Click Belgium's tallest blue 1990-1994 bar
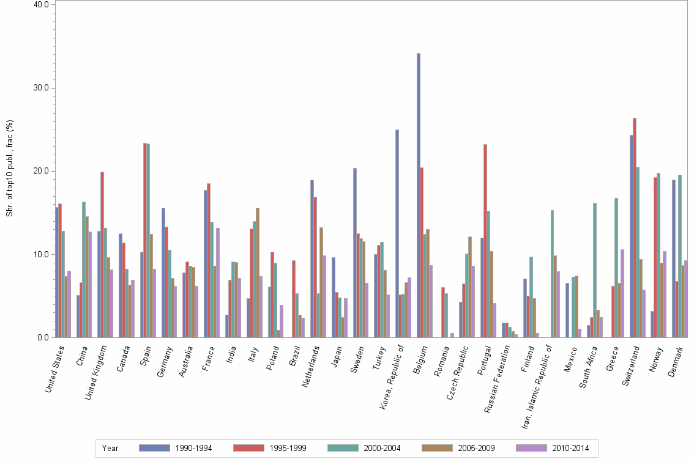(419, 196)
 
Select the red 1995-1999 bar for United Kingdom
(102, 254)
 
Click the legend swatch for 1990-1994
(154, 448)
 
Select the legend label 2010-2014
(570, 448)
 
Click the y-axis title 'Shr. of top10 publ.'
(10, 168)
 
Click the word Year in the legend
(111, 448)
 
